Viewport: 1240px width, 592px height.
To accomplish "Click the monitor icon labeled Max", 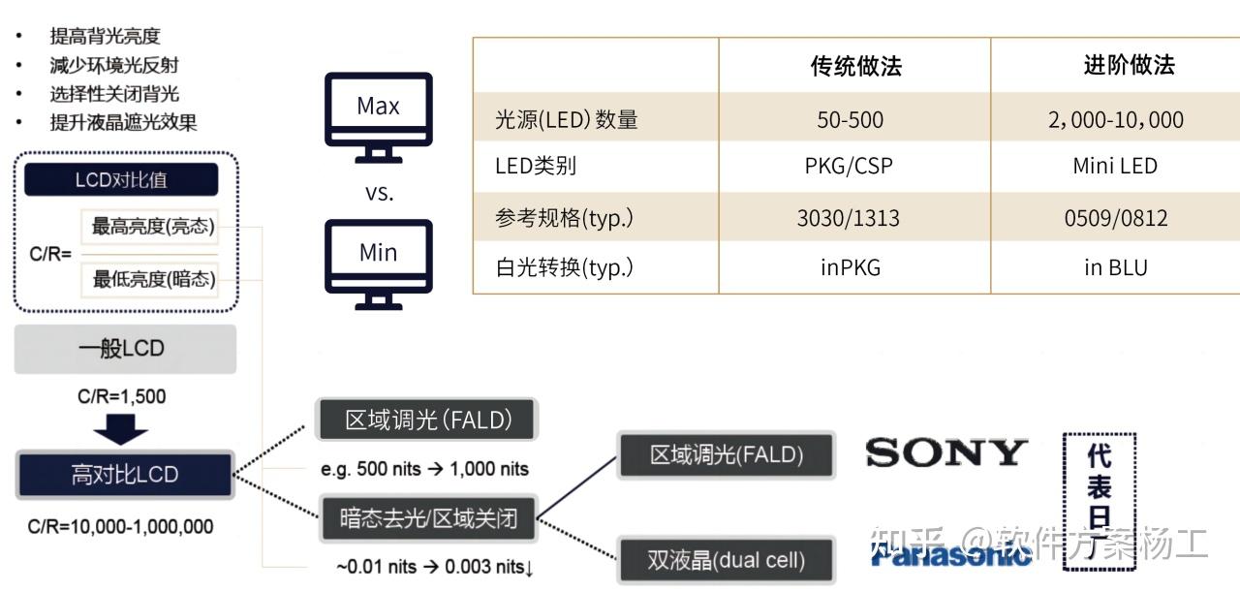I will (378, 115).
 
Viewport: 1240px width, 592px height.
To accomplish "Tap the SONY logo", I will (945, 452).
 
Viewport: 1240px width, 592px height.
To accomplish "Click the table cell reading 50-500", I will (850, 120).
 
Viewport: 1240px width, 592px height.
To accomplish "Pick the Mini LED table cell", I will (1114, 166).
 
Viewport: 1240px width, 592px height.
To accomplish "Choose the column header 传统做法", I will (855, 66).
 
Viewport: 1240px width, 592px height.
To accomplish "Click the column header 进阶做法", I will (1129, 65).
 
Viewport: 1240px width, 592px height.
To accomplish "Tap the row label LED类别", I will (536, 166).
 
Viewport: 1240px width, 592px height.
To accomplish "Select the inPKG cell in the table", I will (851, 267).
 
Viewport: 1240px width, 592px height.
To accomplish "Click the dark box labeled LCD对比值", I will (121, 180).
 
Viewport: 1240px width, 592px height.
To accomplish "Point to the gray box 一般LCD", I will (125, 349).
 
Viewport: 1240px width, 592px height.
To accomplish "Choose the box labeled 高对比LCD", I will (125, 475).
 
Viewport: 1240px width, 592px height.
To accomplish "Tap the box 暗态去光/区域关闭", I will (428, 518).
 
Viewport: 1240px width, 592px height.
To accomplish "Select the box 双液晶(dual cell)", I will (727, 560).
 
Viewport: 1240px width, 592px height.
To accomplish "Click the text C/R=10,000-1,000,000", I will (120, 527).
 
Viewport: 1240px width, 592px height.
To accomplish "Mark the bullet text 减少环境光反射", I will (114, 65).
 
